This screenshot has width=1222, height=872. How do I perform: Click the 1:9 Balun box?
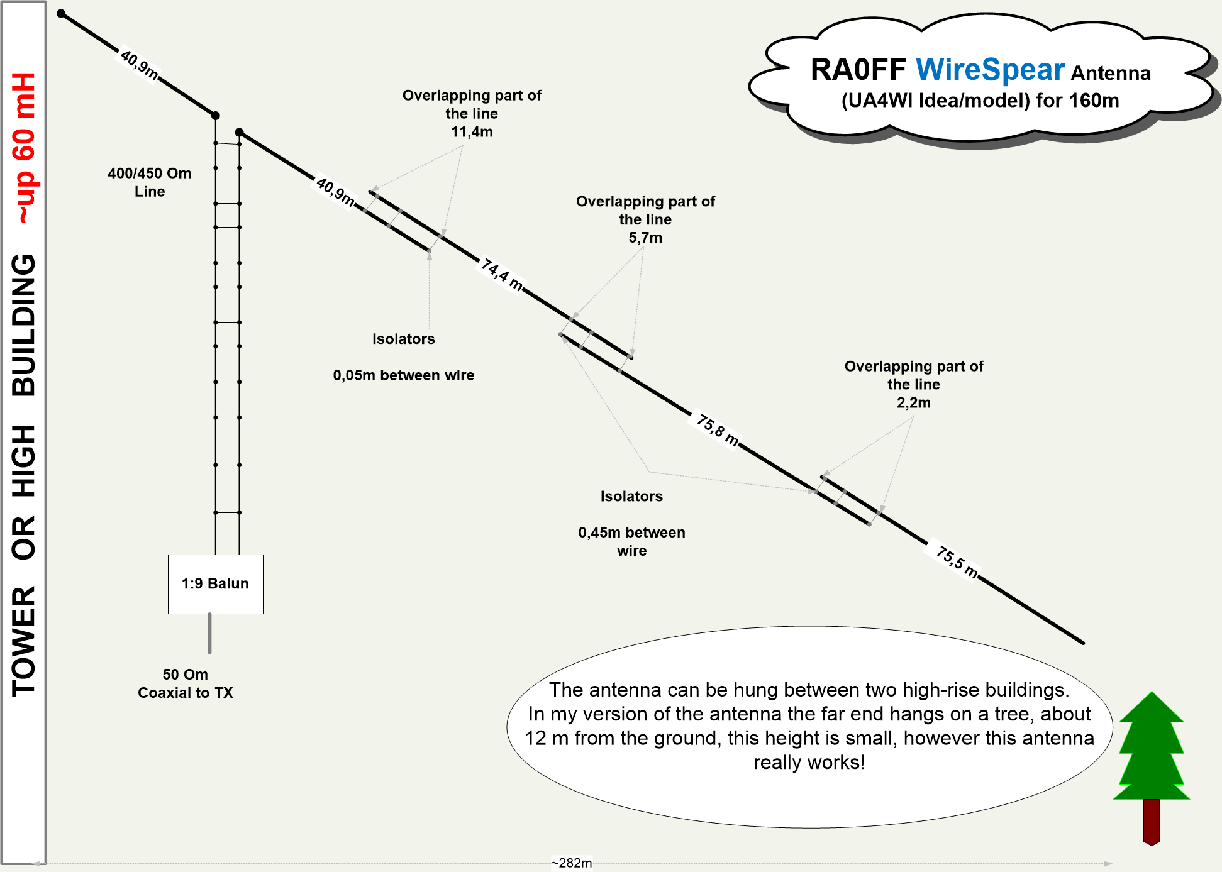(215, 584)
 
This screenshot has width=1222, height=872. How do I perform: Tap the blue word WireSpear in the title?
(990, 70)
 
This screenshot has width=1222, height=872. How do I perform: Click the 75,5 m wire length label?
(957, 562)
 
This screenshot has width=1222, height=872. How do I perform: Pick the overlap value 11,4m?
(472, 132)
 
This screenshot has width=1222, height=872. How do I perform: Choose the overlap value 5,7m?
(645, 238)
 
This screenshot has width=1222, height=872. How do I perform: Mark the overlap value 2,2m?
(913, 403)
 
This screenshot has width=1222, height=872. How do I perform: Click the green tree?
(1152, 748)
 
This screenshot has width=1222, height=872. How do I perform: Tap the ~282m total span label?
(571, 863)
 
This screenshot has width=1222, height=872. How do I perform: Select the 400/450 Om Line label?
(150, 182)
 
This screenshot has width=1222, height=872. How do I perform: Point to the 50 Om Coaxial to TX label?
(185, 683)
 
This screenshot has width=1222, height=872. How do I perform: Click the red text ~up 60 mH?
(25, 148)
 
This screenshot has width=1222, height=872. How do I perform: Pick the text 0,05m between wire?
(404, 375)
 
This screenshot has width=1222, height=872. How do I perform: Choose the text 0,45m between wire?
(631, 541)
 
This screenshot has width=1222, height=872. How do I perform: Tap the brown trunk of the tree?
(1152, 821)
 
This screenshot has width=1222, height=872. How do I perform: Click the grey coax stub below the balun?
(209, 634)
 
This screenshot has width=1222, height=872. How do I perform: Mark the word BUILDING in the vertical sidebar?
(25, 325)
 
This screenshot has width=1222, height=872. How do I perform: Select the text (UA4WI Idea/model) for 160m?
(980, 101)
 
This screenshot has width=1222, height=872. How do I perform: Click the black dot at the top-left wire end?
(61, 13)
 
